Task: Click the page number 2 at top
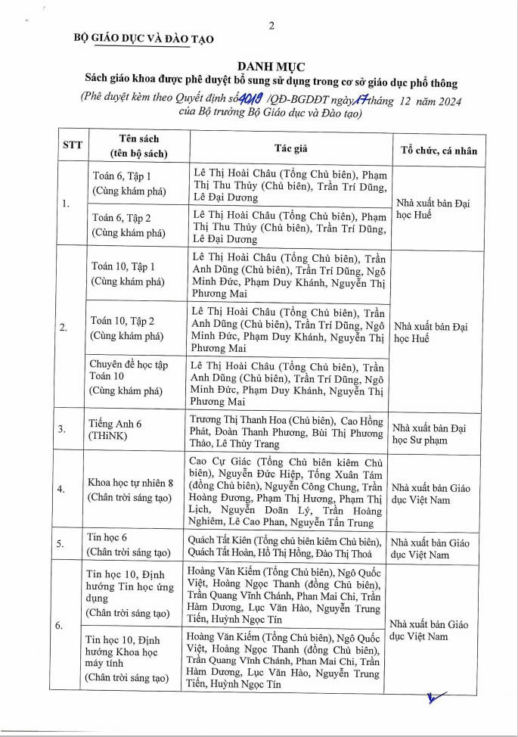[x=271, y=26]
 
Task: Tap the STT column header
[x=73, y=145]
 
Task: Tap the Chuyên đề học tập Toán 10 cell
[x=126, y=378]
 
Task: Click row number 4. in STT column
[x=62, y=490]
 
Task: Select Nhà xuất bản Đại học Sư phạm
[x=430, y=434]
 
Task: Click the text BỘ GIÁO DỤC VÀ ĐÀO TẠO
[x=144, y=39]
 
